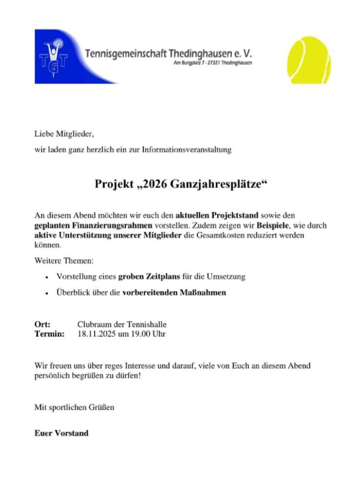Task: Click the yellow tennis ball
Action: point(309,60)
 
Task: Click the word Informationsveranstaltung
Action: point(187,150)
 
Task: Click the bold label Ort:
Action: point(42,324)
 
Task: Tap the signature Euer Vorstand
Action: point(61,433)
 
